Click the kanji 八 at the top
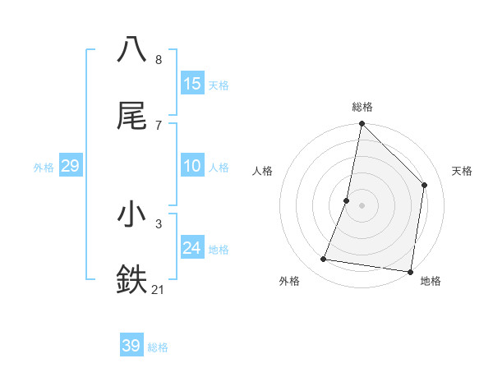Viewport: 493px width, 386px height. tap(132, 49)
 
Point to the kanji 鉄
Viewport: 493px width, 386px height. tap(132, 279)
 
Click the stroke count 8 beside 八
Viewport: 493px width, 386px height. tap(158, 60)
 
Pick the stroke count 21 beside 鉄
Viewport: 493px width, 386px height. tap(159, 290)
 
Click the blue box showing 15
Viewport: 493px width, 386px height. tap(192, 83)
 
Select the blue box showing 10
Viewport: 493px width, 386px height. tap(192, 166)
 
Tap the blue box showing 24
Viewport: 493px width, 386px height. tap(192, 248)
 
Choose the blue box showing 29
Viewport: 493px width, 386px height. tap(70, 166)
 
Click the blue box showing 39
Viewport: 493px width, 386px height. tap(131, 346)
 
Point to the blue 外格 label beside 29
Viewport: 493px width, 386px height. tap(44, 168)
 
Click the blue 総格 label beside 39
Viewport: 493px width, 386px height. tap(158, 347)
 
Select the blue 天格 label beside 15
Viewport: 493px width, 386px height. tap(219, 85)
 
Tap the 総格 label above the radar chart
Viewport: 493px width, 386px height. tap(362, 107)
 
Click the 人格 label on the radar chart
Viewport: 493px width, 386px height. tap(262, 171)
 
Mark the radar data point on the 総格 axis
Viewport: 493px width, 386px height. tap(362, 125)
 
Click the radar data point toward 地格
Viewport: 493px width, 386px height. tap(410, 272)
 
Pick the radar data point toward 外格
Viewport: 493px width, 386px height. tap(324, 260)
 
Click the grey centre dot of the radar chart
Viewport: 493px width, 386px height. tap(362, 205)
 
